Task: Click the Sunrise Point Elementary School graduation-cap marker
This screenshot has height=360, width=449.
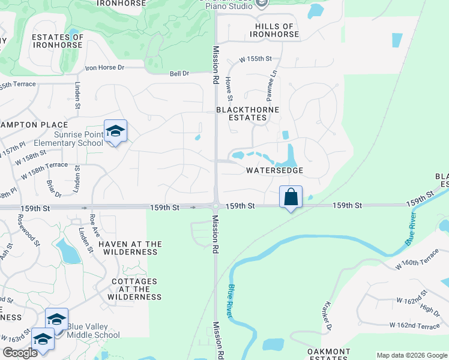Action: pos(115,132)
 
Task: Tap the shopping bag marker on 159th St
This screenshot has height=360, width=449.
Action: pos(291,196)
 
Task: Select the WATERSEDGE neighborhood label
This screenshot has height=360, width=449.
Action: pos(274,170)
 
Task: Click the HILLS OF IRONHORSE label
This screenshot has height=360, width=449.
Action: pos(277,31)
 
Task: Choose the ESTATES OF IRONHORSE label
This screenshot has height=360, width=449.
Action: pos(58,41)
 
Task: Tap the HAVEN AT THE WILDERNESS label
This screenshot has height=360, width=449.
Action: pos(130,248)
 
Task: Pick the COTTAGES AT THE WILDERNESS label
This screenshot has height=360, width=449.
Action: pos(134,289)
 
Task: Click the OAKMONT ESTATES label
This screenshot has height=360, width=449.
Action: pos(328,354)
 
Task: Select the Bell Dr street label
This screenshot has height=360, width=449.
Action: pos(179,73)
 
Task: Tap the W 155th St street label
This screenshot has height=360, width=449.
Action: pos(256,59)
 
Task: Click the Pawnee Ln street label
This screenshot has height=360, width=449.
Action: pos(271,84)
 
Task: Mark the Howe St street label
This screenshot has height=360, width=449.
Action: pos(229,88)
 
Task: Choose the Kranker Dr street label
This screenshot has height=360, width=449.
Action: pos(328,317)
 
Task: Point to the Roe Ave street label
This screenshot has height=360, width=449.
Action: pos(93,223)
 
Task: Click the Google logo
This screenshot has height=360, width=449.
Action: pos(20,352)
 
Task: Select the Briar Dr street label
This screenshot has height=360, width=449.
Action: pos(55,187)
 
